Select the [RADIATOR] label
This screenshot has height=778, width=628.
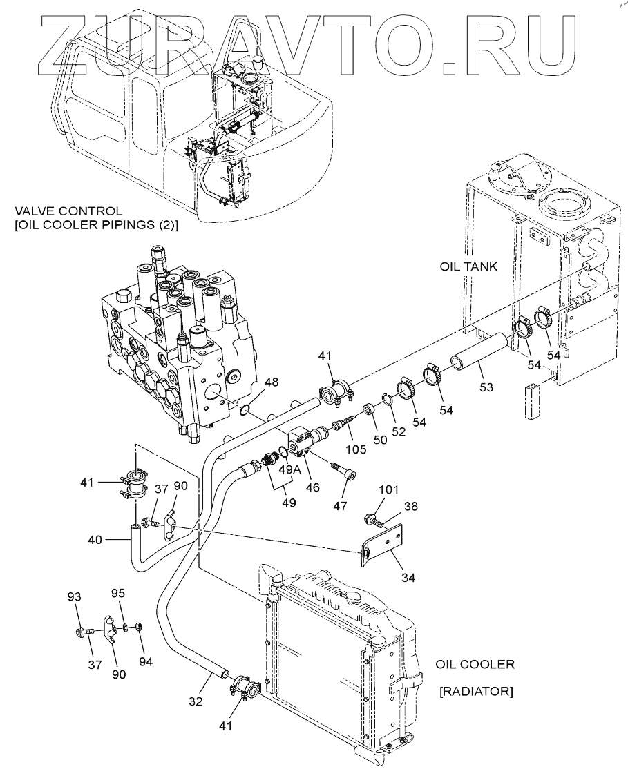[x=475, y=691]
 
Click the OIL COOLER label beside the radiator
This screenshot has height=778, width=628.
[x=475, y=665]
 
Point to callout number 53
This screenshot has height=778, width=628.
[x=486, y=387]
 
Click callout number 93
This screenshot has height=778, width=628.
[x=75, y=596]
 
